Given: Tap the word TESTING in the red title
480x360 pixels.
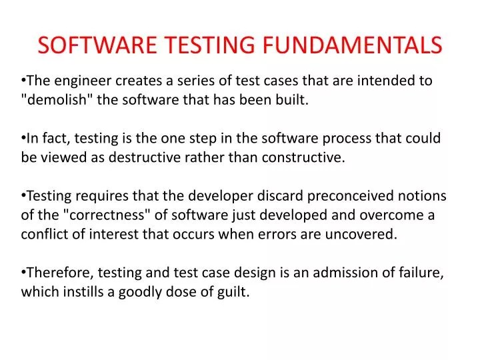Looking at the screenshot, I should pyautogui.click(x=209, y=45).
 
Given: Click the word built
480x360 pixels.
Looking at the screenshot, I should pyautogui.click(x=293, y=101).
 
